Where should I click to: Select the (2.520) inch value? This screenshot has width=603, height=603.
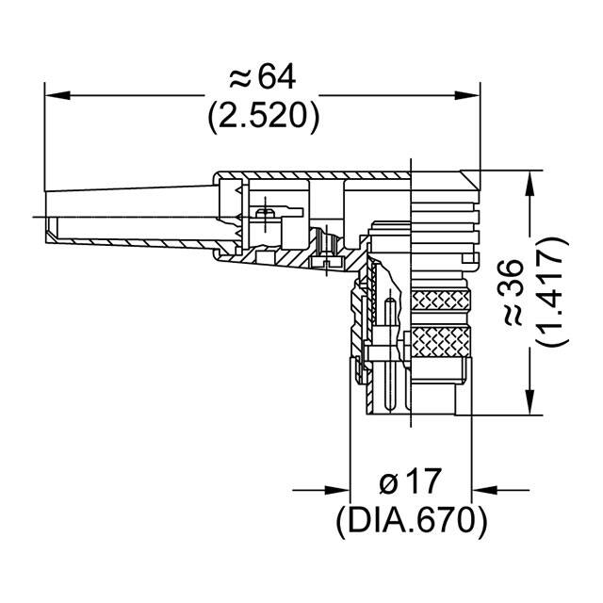(263, 116)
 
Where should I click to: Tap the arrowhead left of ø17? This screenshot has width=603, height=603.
(340, 490)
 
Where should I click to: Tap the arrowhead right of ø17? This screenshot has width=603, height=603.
(482, 490)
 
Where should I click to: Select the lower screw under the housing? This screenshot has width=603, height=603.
(327, 265)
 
